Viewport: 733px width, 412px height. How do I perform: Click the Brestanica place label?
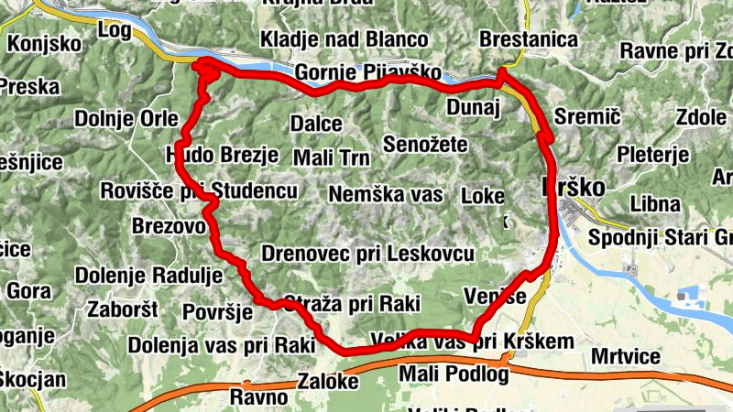(x=529, y=39)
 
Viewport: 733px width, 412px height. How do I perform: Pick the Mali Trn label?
(x=331, y=157)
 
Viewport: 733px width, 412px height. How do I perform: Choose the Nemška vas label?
(x=385, y=194)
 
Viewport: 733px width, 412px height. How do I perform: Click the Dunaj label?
(x=471, y=108)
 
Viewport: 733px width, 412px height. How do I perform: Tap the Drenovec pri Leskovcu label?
(x=368, y=253)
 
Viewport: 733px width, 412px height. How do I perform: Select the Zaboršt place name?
(x=123, y=309)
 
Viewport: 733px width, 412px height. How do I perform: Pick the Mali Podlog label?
(x=453, y=374)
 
